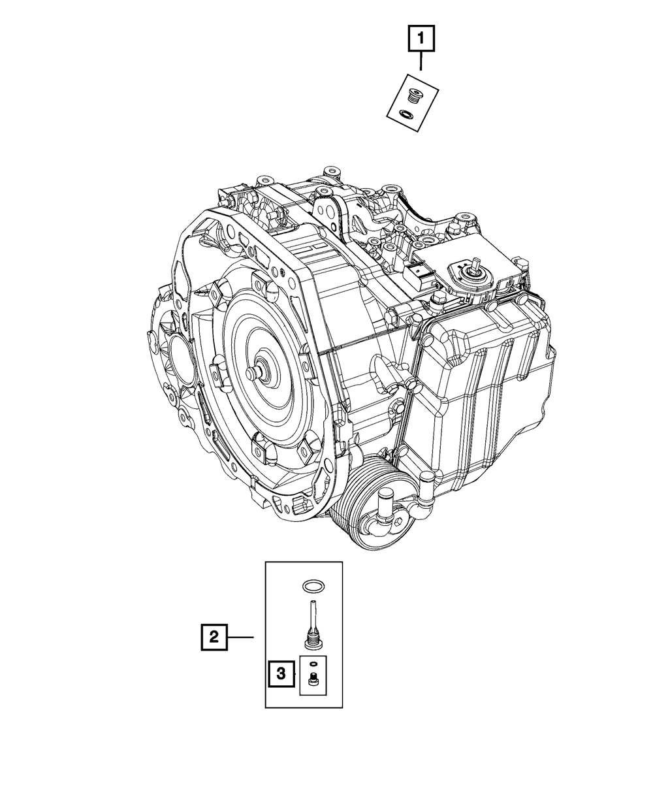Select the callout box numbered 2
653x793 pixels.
[214, 637]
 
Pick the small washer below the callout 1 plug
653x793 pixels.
[405, 115]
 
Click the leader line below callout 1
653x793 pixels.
[421, 61]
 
